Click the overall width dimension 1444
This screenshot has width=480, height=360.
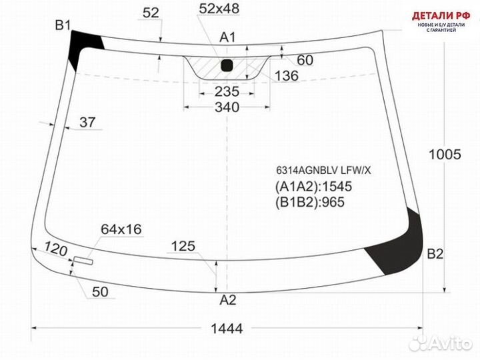pos(227,328)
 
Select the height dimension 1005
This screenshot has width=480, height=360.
pos(444,155)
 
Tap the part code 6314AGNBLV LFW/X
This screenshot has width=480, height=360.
pos(323,170)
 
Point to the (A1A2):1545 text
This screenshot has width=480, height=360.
pos(313,187)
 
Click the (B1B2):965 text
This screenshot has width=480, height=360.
pos(309,203)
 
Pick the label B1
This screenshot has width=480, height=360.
pos(63,25)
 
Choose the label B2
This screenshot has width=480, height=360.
pos(435,253)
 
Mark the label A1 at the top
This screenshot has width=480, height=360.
pos(228,37)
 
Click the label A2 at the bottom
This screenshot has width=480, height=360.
pos(228,300)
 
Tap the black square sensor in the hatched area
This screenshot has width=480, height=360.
pos(227,65)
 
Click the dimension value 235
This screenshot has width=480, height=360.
pos(227,91)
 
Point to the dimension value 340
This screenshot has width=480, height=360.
pos(227,108)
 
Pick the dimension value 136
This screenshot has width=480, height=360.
pos(287,76)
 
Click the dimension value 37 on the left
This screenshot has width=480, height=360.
pos(87,122)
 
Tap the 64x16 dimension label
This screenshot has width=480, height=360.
pos(121,229)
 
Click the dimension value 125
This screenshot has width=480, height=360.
pos(182,247)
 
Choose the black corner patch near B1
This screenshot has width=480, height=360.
pos(85,45)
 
